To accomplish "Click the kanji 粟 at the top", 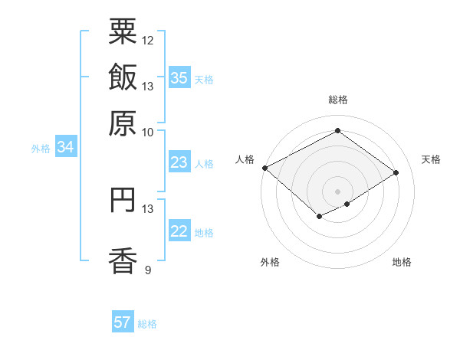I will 123,33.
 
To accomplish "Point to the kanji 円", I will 123,199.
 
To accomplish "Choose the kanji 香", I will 123,260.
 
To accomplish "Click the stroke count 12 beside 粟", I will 148,40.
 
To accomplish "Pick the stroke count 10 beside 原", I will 148,132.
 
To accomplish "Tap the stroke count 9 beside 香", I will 148,270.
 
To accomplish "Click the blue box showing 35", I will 179,78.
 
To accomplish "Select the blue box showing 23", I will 179,162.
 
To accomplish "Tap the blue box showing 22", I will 179,231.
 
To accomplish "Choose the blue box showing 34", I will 65,148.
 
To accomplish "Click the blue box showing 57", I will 123,322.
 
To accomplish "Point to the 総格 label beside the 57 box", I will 147,324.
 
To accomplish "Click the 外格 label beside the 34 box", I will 41,149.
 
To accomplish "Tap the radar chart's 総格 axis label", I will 338,100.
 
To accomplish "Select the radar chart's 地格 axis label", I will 402,262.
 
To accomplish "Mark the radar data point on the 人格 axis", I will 265,168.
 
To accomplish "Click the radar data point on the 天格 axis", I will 396,173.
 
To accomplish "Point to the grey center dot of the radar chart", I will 338,191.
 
